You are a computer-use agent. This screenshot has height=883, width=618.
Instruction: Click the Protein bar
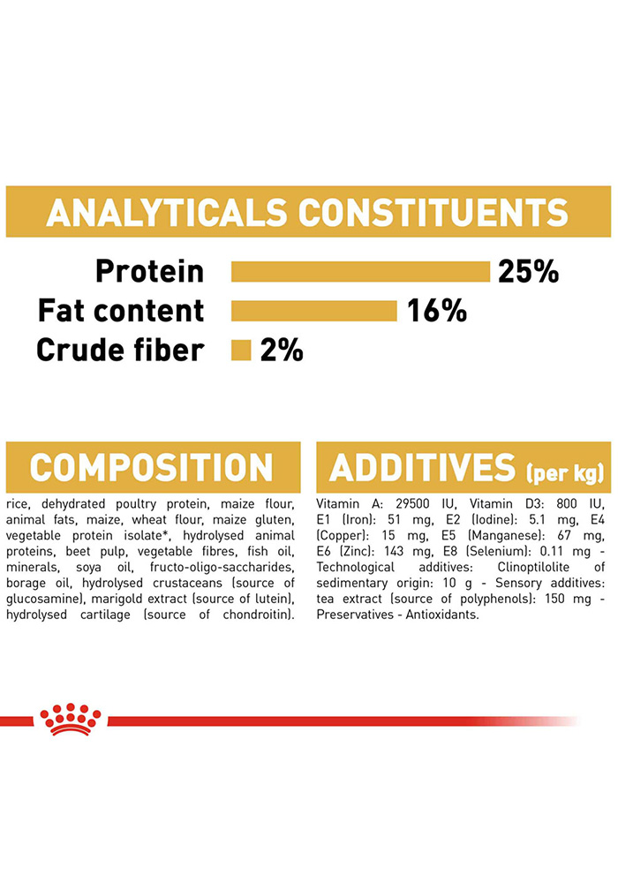[x=360, y=271]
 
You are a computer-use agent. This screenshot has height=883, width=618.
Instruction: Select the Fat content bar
[x=314, y=311]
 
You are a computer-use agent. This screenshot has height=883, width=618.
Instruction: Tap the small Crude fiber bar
[x=241, y=351]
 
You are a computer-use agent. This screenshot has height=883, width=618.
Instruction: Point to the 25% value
[x=528, y=271]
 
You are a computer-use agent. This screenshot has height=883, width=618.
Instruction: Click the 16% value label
[x=437, y=311]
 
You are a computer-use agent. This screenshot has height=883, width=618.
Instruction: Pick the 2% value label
[x=282, y=351]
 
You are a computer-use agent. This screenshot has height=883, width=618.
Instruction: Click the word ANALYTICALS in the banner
[x=167, y=212]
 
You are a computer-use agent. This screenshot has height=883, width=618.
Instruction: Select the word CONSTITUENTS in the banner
[x=433, y=212]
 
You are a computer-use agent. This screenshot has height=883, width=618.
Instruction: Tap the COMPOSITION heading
[x=151, y=467]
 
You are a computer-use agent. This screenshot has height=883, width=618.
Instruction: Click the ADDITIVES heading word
[x=422, y=467]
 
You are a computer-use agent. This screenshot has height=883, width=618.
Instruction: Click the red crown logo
[x=71, y=719]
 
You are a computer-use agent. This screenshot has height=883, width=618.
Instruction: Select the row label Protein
[x=150, y=271]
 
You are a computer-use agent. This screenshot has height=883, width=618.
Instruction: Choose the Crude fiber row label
[x=120, y=351]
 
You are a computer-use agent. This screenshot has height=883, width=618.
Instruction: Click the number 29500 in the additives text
[x=412, y=503]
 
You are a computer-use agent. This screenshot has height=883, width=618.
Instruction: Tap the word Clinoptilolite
[x=533, y=567]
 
